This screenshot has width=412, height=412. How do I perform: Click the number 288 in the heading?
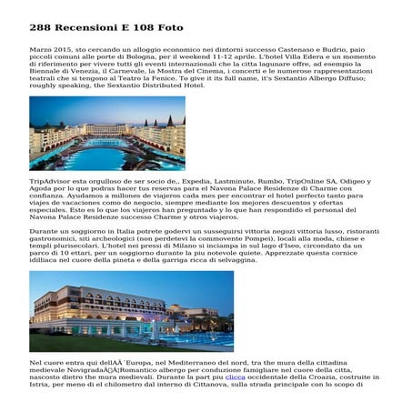tap(40, 27)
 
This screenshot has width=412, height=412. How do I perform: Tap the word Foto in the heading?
tap(170, 27)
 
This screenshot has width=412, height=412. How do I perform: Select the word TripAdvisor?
tap(50, 181)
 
